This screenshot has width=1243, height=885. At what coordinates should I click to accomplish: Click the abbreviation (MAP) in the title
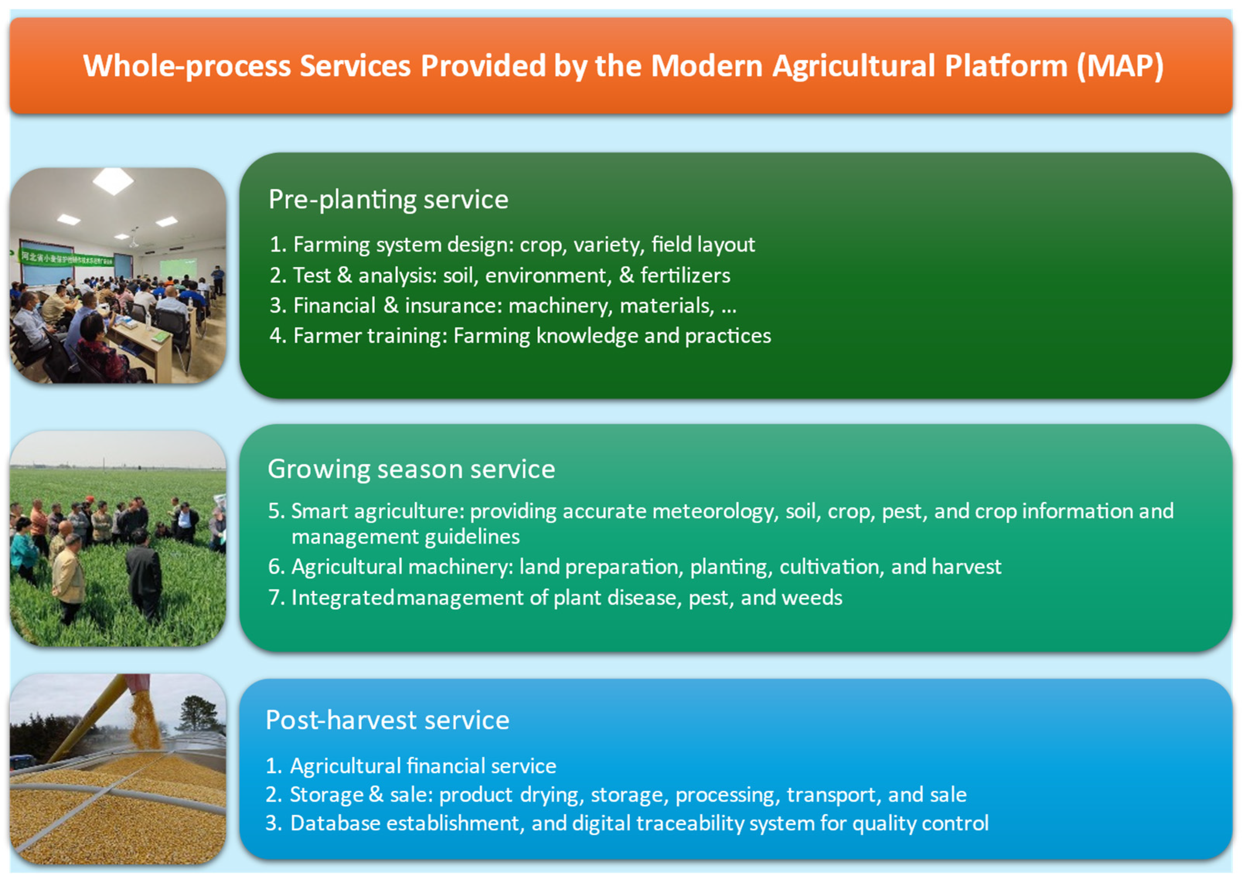click(x=1121, y=66)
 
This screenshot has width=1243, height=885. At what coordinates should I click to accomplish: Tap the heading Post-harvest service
click(x=388, y=720)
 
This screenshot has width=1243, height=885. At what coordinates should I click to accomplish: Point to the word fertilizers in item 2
click(x=685, y=275)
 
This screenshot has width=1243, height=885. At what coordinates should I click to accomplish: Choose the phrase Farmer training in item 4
click(x=369, y=336)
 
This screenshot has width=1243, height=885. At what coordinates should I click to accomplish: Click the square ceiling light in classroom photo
click(x=113, y=181)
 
